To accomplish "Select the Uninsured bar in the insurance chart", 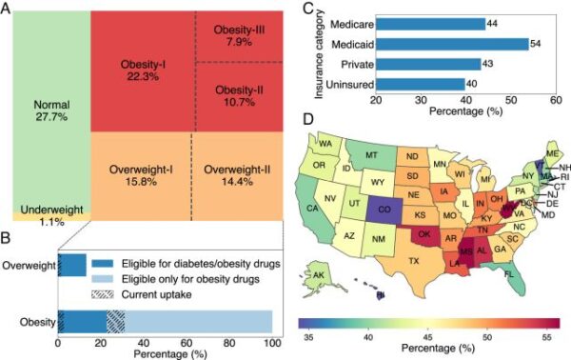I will pyautogui.click(x=420, y=84).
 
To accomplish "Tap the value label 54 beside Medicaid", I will pyautogui.click(x=539, y=44).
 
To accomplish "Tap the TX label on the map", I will pyautogui.click(x=414, y=259).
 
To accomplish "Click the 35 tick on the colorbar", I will pyautogui.click(x=307, y=336).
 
